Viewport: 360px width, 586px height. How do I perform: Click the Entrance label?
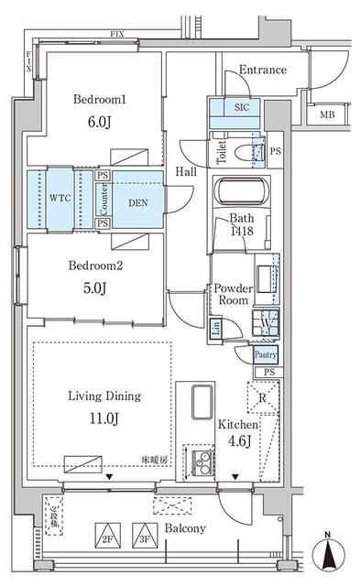pos(262,70)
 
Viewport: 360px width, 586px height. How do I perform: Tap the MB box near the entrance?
pos(327,114)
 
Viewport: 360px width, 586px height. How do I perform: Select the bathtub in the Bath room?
pos(240,194)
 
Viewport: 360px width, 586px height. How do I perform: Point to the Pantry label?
pos(265,354)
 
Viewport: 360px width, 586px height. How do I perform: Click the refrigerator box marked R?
pos(263,398)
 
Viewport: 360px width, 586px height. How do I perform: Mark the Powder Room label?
pos(233,294)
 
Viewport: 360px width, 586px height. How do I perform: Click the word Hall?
pos(185,171)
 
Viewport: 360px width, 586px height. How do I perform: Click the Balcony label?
pos(186,529)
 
